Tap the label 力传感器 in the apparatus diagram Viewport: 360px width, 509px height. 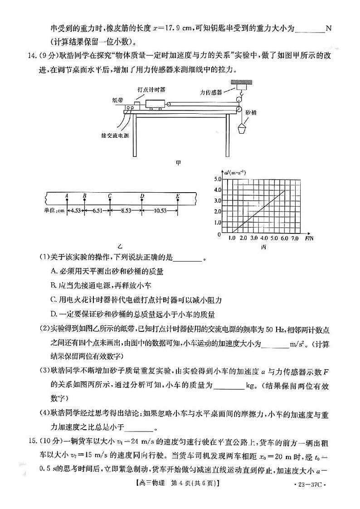(211, 92)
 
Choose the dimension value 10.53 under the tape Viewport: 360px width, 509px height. (160, 210)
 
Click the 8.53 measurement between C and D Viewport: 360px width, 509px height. (126, 210)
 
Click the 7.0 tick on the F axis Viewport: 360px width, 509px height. (295, 238)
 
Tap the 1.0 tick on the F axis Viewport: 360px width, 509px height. (232, 238)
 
